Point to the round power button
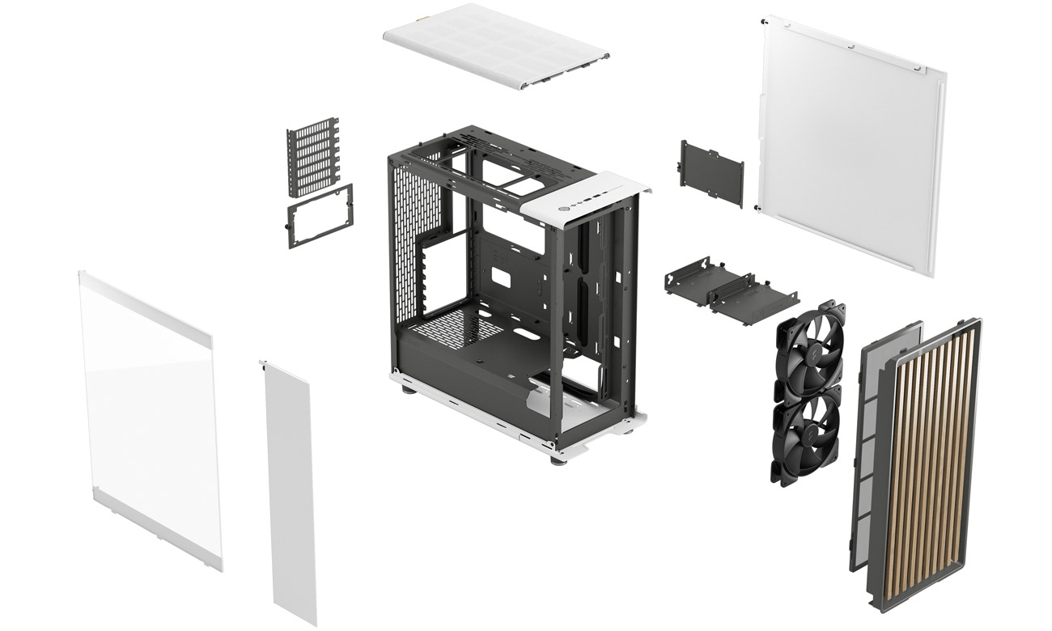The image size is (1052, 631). click(x=563, y=207)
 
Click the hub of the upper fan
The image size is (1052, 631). click(x=809, y=348)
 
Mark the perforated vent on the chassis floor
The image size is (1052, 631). click(x=453, y=328)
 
